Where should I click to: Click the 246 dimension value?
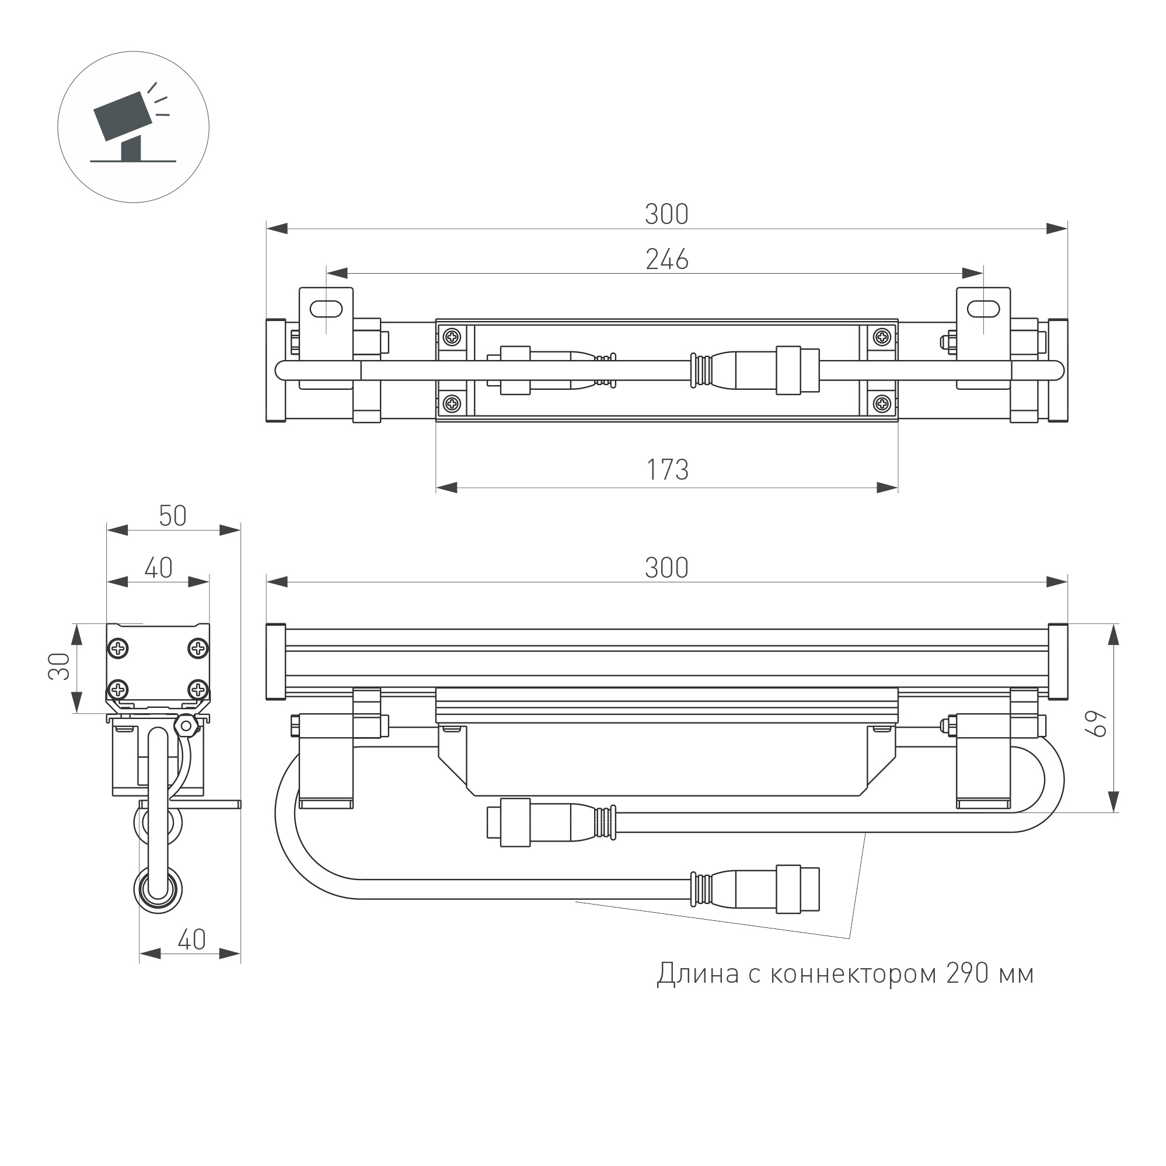[666, 260]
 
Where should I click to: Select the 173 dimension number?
[667, 470]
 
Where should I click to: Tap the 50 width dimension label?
[173, 516]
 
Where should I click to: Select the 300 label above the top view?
[666, 214]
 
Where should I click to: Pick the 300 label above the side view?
[666, 568]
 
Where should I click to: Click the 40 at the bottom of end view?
[192, 940]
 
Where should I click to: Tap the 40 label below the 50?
[159, 568]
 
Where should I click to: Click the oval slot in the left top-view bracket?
[326, 309]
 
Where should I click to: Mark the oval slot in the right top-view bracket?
[983, 309]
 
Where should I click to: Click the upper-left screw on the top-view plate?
[452, 337]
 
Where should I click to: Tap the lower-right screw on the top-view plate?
[882, 403]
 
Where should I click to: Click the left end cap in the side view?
[276, 661]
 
